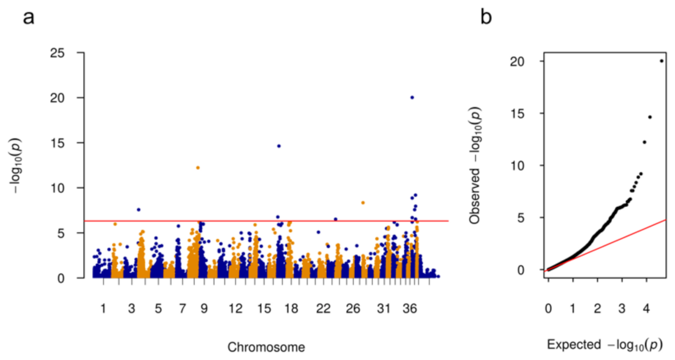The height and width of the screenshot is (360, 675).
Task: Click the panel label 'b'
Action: pos(486,17)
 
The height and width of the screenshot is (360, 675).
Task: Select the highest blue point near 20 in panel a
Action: pos(412,98)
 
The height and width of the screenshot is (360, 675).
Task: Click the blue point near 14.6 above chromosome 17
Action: pos(279,146)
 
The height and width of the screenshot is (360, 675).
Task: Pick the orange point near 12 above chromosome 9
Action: pos(198,168)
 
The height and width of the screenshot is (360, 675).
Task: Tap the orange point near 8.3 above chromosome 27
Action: pos(363,203)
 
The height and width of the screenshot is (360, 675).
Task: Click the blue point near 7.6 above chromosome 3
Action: pos(139,210)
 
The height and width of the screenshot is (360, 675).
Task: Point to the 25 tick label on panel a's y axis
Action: pos(57,53)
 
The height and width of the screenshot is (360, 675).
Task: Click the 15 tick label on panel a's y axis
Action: pos(57,143)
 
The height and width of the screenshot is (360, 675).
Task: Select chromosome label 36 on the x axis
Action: pos(410,309)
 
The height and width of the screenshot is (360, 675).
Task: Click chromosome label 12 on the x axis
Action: pos(235,309)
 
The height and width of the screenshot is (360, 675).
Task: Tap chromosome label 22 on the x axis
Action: pos(323,309)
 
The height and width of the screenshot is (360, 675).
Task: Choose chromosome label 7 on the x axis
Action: pos(182,309)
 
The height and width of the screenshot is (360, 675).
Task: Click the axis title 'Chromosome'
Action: pos(266,347)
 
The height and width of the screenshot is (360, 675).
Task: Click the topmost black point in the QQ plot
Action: pos(662,61)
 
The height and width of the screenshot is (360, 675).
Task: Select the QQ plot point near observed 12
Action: pos(645,142)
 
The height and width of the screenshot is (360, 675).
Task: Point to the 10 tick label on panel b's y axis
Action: pos(518,166)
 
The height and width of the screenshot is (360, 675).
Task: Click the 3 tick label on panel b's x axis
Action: pos(622,309)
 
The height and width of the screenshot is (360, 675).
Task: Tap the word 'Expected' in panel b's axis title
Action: pos(574,345)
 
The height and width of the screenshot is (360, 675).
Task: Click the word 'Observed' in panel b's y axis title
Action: pos(475,197)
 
